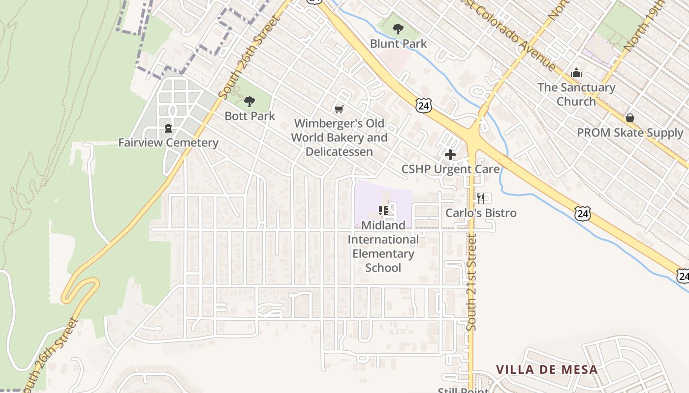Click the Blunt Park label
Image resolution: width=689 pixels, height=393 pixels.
pyautogui.click(x=398, y=44)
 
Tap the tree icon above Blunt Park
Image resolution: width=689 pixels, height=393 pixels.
pyautogui.click(x=398, y=29)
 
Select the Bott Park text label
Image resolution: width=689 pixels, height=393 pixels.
pyautogui.click(x=250, y=116)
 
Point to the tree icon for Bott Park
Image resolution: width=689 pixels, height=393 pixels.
pyautogui.click(x=250, y=102)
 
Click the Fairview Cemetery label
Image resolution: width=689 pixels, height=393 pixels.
pyautogui.click(x=168, y=143)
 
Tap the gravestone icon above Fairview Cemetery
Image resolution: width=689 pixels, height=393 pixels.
pyautogui.click(x=168, y=128)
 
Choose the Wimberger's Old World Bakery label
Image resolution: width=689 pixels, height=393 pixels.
pyautogui.click(x=339, y=138)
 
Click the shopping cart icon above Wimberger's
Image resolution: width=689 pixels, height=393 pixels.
pyautogui.click(x=339, y=109)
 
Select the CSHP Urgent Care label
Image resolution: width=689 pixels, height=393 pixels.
pyautogui.click(x=450, y=169)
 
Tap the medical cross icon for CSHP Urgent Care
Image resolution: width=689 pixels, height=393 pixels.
pyautogui.click(x=450, y=155)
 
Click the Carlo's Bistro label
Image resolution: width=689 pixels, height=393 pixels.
pyautogui.click(x=481, y=213)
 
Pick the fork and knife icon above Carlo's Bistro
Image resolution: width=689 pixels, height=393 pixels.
pyautogui.click(x=481, y=198)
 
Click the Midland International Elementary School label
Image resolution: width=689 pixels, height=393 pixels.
pyautogui.click(x=383, y=247)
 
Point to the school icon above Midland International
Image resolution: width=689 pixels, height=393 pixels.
pyautogui.click(x=383, y=211)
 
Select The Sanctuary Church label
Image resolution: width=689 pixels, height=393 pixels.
pyautogui.click(x=576, y=94)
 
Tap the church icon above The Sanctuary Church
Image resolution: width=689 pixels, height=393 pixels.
pyautogui.click(x=576, y=74)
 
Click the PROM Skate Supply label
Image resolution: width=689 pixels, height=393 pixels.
pyautogui.click(x=630, y=133)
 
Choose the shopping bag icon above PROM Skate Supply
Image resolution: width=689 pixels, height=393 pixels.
pyautogui.click(x=629, y=118)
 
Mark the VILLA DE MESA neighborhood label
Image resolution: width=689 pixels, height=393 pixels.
pyautogui.click(x=546, y=369)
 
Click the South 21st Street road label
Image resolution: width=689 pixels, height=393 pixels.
pyautogui.click(x=472, y=282)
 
